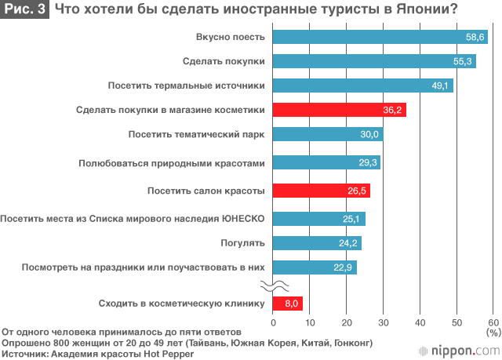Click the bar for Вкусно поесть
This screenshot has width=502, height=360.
pyautogui.click(x=380, y=37)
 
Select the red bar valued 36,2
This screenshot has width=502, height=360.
pyautogui.click(x=339, y=110)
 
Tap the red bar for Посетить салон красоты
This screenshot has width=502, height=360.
pyautogui.click(x=321, y=191)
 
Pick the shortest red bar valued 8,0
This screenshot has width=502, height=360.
pyautogui.click(x=287, y=303)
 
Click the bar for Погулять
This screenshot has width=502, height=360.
pyautogui.click(x=317, y=242)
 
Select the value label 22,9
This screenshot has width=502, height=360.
pyautogui.click(x=342, y=268)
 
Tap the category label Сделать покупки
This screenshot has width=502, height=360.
pyautogui.click(x=223, y=60)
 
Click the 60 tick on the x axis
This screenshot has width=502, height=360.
pyautogui.click(x=493, y=322)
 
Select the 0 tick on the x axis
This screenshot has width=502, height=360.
pyautogui.click(x=273, y=322)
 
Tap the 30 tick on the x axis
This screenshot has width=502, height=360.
pyautogui.click(x=384, y=322)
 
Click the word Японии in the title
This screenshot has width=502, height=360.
pyautogui.click(x=423, y=10)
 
